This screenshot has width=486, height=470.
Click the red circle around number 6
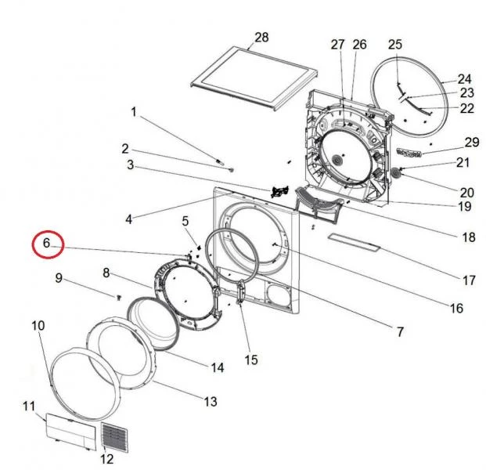pos(46,244)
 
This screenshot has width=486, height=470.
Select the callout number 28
pos(261,38)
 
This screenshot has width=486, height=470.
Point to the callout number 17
pos(469,280)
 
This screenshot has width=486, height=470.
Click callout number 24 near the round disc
pos(464,79)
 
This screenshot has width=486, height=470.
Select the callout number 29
pos(470,142)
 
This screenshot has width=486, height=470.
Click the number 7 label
pos(399,332)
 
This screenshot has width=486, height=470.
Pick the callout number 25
pos(394,45)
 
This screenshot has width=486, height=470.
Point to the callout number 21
pos(463,163)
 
